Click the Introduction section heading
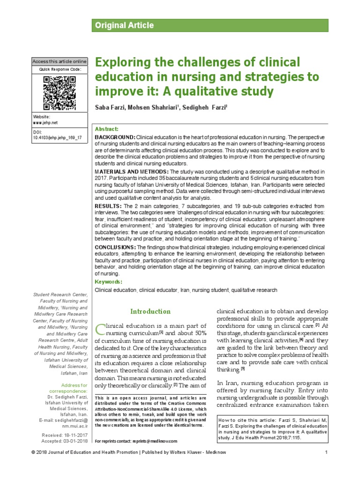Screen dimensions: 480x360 [150, 311]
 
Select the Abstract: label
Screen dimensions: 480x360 [107, 129]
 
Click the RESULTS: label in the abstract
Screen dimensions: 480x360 [108, 206]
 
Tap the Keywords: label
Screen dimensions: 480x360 [109, 282]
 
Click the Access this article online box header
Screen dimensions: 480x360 [59, 61]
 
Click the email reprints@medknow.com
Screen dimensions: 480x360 [154, 441]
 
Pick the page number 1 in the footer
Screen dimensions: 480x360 [325, 465]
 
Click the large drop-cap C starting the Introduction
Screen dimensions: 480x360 [100, 330]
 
